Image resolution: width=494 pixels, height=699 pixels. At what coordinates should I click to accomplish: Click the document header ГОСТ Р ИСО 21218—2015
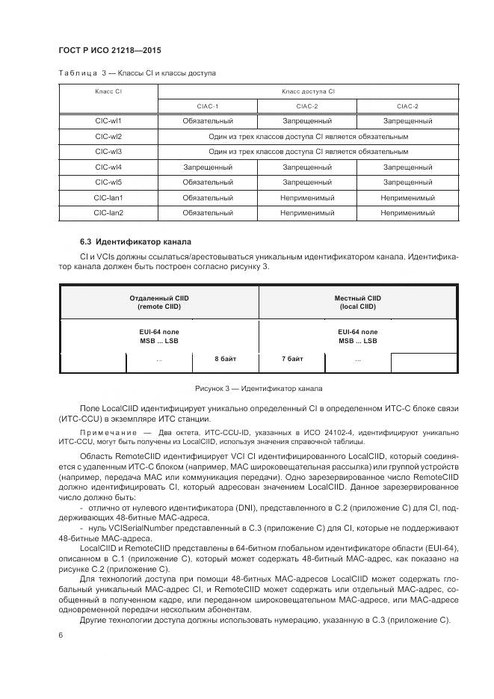tap(110, 50)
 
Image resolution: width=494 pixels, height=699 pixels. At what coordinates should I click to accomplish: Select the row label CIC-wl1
tap(108, 120)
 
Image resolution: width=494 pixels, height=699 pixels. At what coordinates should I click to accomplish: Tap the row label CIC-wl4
tap(108, 167)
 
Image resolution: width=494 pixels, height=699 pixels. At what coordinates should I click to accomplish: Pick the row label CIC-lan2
tap(108, 213)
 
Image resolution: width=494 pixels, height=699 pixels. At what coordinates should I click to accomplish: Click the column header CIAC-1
tap(208, 106)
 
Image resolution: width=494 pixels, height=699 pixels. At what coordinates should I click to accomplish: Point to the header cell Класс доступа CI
tap(307, 90)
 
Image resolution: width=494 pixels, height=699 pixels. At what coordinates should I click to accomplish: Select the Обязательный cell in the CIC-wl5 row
tap(208, 182)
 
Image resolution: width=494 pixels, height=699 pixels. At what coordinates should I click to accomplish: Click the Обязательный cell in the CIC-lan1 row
tap(208, 198)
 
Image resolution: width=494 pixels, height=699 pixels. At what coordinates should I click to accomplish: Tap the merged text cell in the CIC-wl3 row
tap(307, 152)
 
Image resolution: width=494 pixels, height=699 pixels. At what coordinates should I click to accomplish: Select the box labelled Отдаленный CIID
tap(159, 302)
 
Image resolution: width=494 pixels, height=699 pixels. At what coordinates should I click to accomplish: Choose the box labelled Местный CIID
tap(357, 302)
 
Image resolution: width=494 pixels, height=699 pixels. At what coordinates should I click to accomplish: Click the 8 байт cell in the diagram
tap(225, 360)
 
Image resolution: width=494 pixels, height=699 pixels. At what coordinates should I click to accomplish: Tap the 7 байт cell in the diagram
tap(291, 360)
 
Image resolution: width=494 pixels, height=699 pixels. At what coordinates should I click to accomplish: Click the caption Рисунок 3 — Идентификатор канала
tap(258, 388)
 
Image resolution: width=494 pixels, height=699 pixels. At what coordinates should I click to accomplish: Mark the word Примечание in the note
tap(105, 432)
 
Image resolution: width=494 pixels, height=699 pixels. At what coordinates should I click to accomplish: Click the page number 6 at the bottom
tap(61, 635)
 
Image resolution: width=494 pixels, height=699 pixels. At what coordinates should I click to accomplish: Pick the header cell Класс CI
tap(108, 90)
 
